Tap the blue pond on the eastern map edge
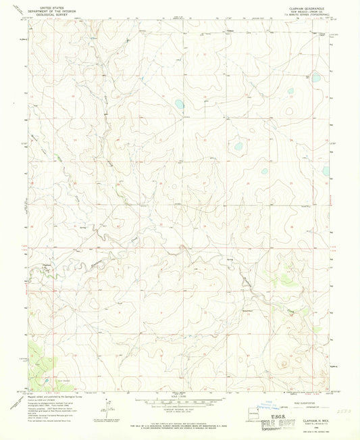point(326,170)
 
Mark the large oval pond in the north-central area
point(179,105)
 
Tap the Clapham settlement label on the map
point(47,265)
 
